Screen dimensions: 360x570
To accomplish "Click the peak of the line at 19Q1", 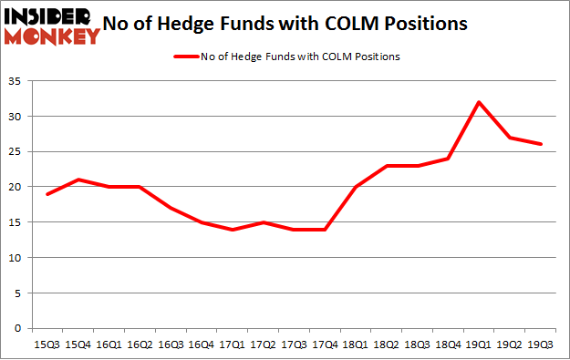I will pos(478,101).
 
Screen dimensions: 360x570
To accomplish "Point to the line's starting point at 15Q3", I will pos(47,194).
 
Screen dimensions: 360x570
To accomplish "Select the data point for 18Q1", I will pos(354,187).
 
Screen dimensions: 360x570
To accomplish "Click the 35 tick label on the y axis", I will pos(16,81).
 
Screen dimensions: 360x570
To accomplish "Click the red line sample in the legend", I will pos(183,57).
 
